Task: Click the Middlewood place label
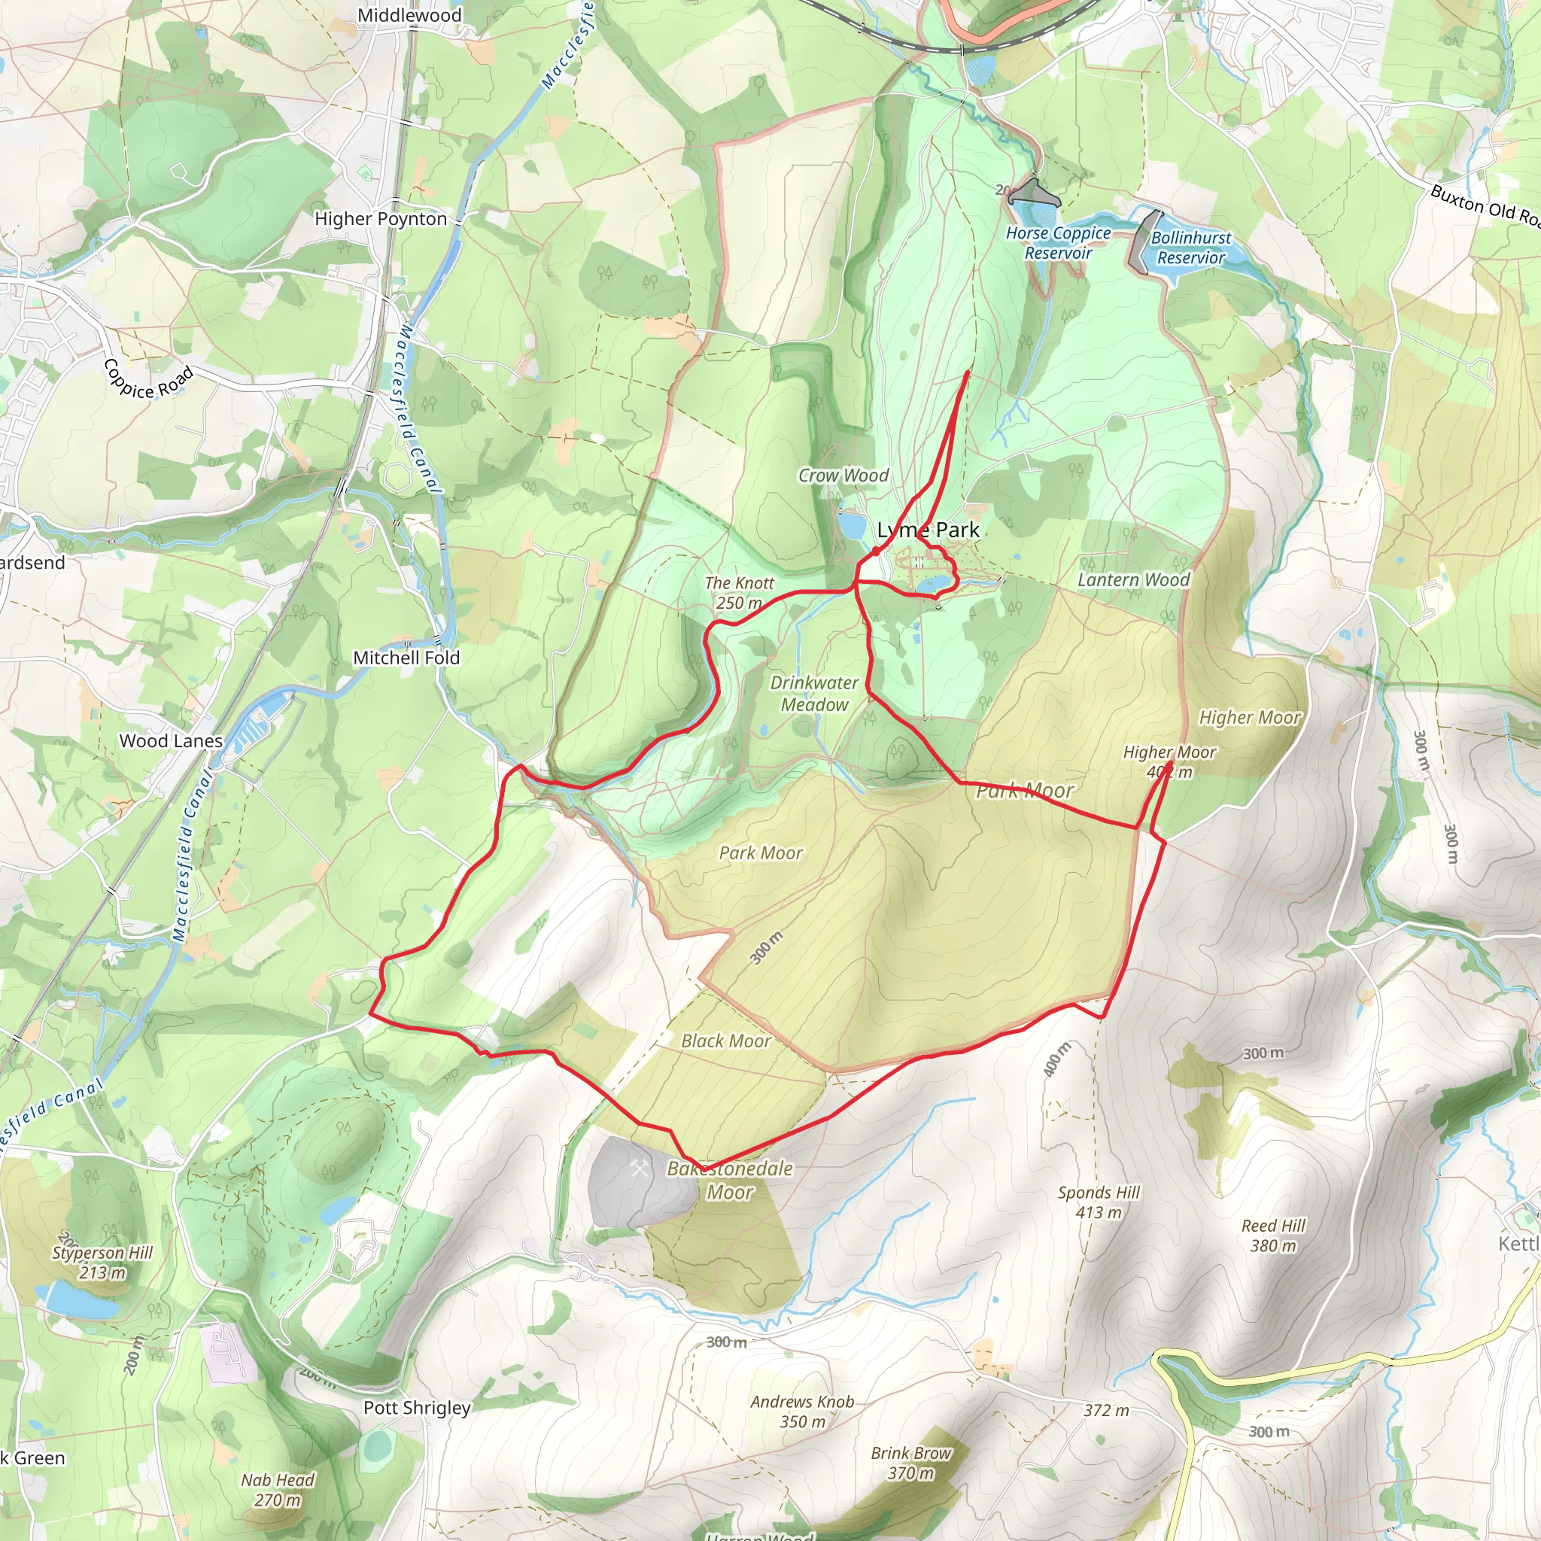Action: [x=409, y=15]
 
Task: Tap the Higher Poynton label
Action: [x=381, y=218]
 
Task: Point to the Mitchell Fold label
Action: [x=406, y=658]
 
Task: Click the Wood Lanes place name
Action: [x=171, y=741]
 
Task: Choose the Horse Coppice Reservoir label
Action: [x=1058, y=242]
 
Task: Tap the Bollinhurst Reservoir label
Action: [x=1190, y=248]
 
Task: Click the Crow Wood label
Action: [x=843, y=476]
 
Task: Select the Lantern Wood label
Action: [x=1132, y=580]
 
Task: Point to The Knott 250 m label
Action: [x=739, y=594]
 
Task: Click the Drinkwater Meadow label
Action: [x=813, y=694]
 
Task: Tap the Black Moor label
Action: [x=725, y=1041]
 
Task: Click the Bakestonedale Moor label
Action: [x=730, y=1181]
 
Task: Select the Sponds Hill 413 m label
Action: [x=1099, y=1202]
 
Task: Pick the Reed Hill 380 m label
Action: [x=1273, y=1236]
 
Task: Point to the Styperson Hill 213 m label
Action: [x=102, y=1263]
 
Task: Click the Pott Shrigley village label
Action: [x=416, y=1408]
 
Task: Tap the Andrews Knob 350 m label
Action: [x=801, y=1412]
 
